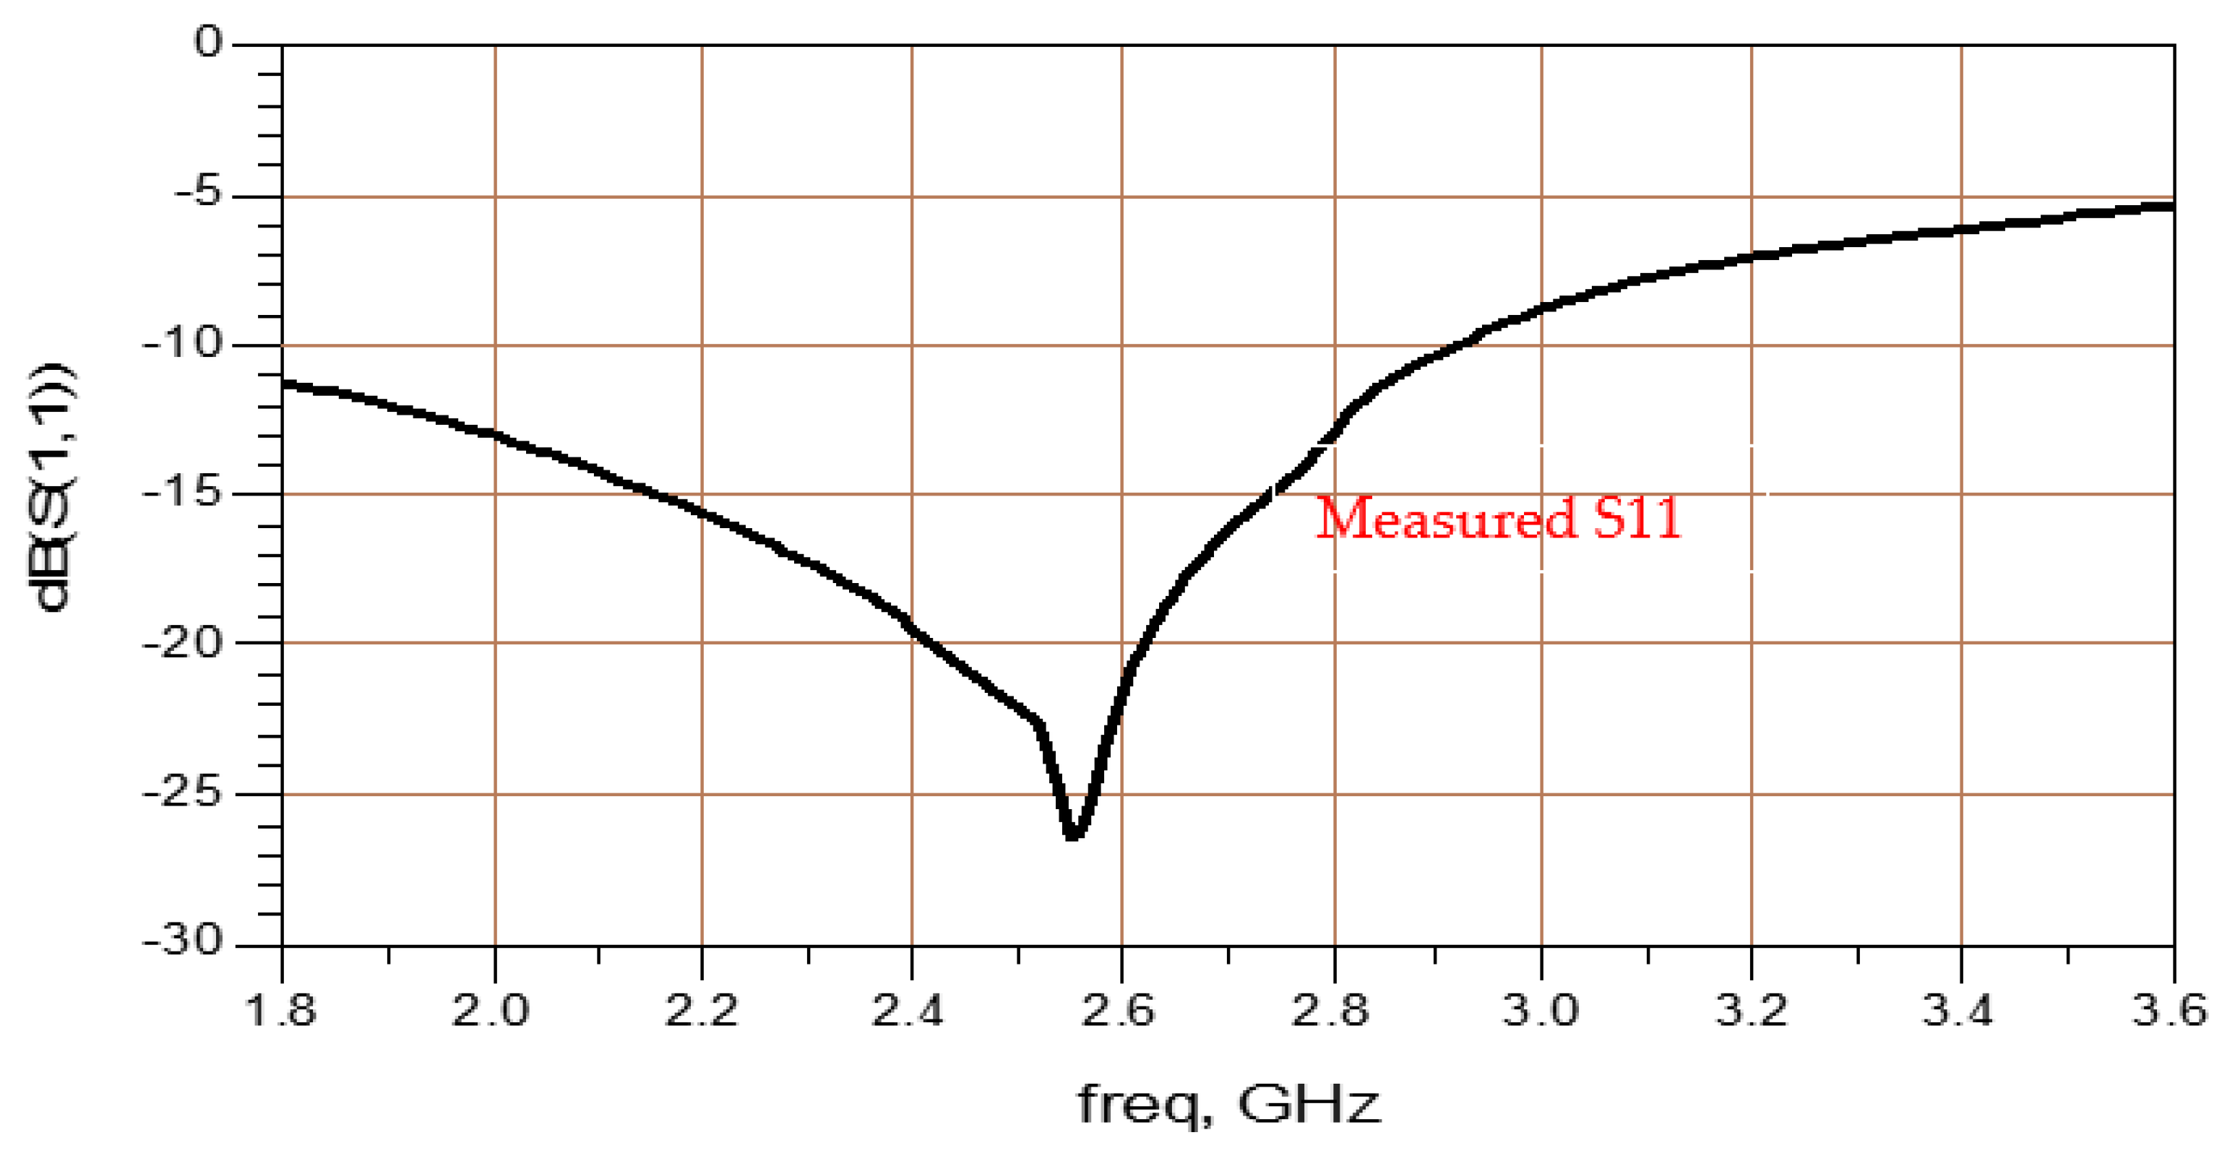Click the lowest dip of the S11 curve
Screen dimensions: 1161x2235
point(1073,834)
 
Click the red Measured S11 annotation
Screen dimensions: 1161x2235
point(1499,519)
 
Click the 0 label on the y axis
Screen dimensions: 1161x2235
point(208,42)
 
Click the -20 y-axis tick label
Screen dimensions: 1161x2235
point(182,643)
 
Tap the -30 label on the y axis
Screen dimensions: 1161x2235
point(182,941)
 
